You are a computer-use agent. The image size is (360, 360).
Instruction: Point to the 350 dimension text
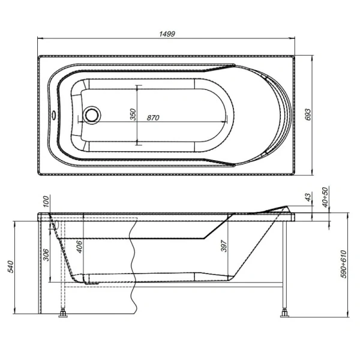[x=133, y=114]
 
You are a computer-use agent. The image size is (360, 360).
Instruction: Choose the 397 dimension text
[x=224, y=245]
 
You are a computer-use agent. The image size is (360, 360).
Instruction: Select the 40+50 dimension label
[x=325, y=197]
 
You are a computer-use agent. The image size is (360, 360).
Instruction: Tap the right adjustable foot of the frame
[x=283, y=311]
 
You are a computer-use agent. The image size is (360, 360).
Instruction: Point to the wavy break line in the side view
[x=132, y=264]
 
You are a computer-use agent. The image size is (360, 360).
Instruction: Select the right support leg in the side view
[x=284, y=264]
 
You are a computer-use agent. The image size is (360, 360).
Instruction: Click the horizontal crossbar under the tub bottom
[x=168, y=286]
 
